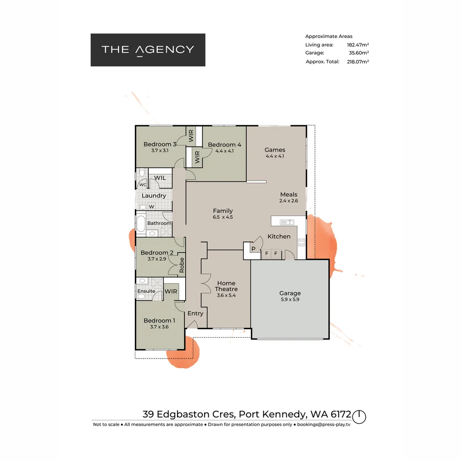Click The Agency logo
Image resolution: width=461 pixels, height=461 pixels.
(x=148, y=50)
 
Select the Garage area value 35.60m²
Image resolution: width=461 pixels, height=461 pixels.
(x=359, y=53)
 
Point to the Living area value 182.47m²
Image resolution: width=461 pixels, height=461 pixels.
(x=358, y=45)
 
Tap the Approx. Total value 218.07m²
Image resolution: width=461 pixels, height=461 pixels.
(x=358, y=61)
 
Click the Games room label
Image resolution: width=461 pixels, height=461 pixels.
(x=275, y=150)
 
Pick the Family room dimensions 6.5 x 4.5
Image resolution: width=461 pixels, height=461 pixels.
(x=223, y=217)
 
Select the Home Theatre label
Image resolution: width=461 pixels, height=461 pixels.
(x=226, y=286)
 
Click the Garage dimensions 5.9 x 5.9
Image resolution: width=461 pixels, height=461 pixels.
(x=290, y=300)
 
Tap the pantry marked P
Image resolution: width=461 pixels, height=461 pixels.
(x=253, y=249)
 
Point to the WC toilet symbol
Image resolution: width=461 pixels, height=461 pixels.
(x=141, y=175)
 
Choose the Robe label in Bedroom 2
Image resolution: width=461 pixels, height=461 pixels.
(x=181, y=265)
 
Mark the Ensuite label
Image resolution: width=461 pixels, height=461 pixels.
(x=146, y=291)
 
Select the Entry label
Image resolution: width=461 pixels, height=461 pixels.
(x=195, y=313)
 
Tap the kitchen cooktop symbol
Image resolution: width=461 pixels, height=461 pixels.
(x=301, y=242)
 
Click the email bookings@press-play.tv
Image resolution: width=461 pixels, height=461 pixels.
(x=324, y=424)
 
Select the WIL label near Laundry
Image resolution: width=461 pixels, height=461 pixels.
(x=160, y=178)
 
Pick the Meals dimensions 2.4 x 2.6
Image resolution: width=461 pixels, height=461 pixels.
(x=289, y=201)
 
